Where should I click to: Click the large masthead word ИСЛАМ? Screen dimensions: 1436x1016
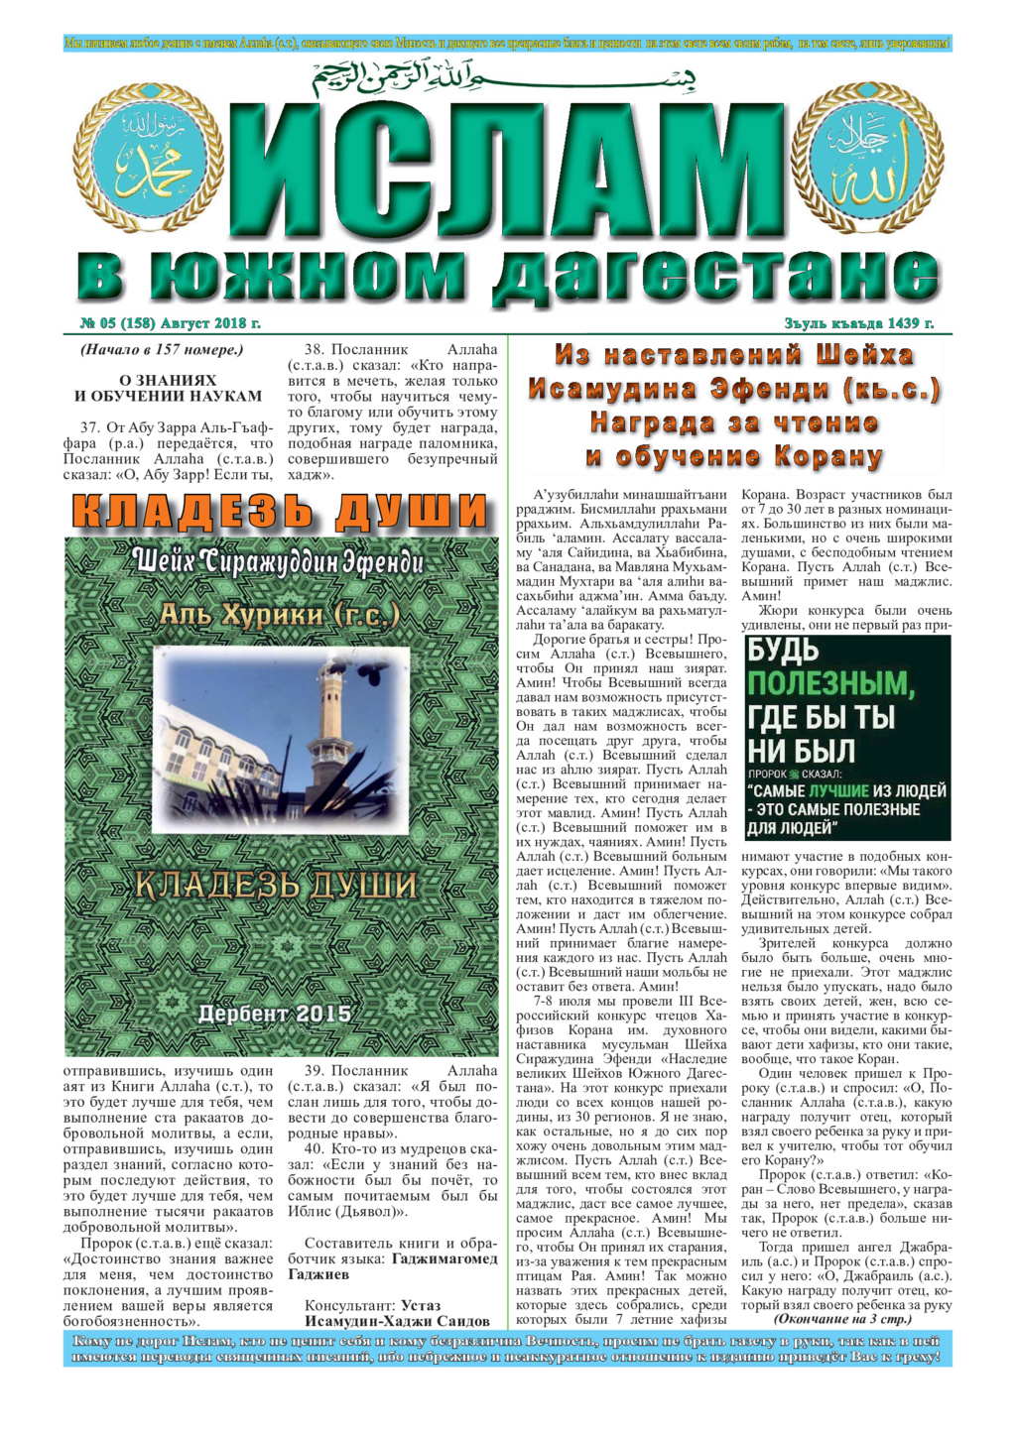(x=508, y=169)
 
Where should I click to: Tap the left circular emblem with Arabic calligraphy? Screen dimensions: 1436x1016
(x=163, y=159)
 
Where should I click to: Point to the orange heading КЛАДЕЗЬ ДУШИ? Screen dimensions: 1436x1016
(x=281, y=512)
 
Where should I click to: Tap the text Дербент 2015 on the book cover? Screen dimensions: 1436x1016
(x=274, y=1014)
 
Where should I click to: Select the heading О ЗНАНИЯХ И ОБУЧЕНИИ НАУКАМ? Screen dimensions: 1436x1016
(x=168, y=388)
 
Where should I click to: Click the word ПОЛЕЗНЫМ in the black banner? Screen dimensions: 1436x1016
(x=829, y=683)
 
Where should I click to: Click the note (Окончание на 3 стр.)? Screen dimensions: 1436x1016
(x=841, y=1320)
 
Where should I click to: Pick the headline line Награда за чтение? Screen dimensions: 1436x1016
(x=733, y=423)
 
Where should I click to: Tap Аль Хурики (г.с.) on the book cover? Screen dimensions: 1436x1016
(x=280, y=616)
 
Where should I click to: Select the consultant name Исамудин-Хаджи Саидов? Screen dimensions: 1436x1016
(x=397, y=1321)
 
